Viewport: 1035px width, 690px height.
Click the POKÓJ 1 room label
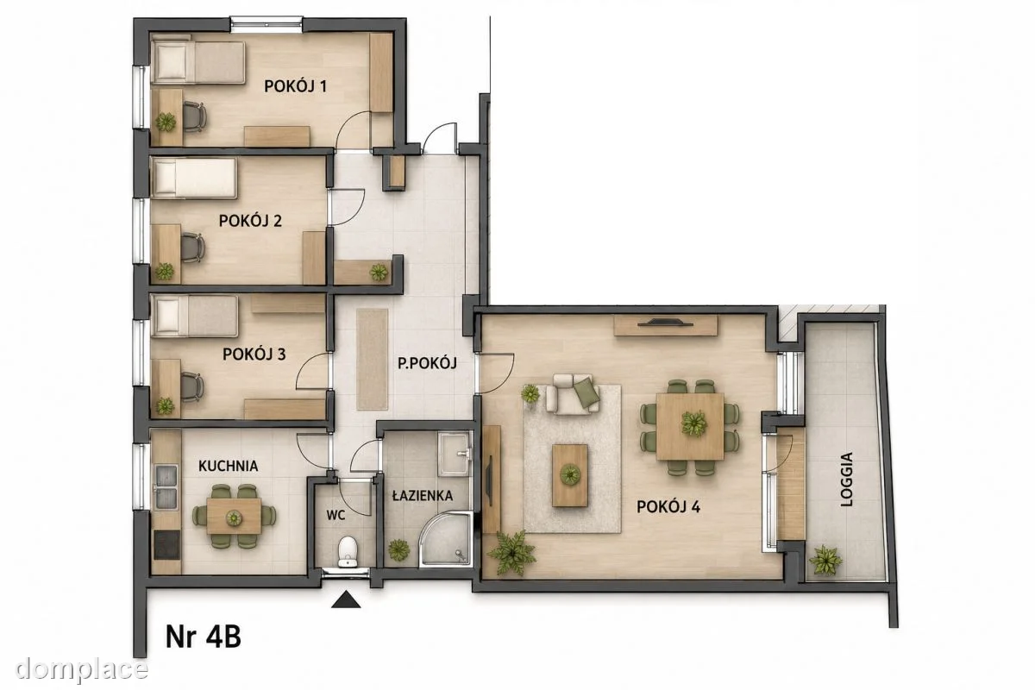pos(295,86)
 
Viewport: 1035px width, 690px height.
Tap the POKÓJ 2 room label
pos(250,221)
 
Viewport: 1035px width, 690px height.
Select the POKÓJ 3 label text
pos(254,354)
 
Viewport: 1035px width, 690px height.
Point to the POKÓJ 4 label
pos(668,507)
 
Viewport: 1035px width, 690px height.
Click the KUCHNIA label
pos(229,466)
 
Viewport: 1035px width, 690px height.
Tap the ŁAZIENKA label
pos(423,495)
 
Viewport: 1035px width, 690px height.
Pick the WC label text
pos(336,515)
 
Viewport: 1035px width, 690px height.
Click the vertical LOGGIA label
pos(846,480)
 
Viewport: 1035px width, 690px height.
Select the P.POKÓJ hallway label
pos(428,363)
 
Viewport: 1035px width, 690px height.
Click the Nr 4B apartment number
pos(204,637)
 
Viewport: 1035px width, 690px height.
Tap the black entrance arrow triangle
pos(346,600)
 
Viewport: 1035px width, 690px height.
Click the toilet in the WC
pos(348,551)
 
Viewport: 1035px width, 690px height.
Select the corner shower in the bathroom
pos(446,539)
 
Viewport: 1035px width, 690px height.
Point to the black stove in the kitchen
pos(166,545)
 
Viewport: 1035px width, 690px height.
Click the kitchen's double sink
pos(166,486)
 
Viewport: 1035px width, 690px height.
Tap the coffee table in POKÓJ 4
pos(570,475)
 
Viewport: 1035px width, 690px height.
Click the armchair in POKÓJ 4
pos(573,394)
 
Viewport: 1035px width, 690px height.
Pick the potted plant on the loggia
pos(825,561)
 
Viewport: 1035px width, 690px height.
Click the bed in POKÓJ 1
pos(198,63)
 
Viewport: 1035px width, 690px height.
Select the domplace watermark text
pos(81,668)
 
